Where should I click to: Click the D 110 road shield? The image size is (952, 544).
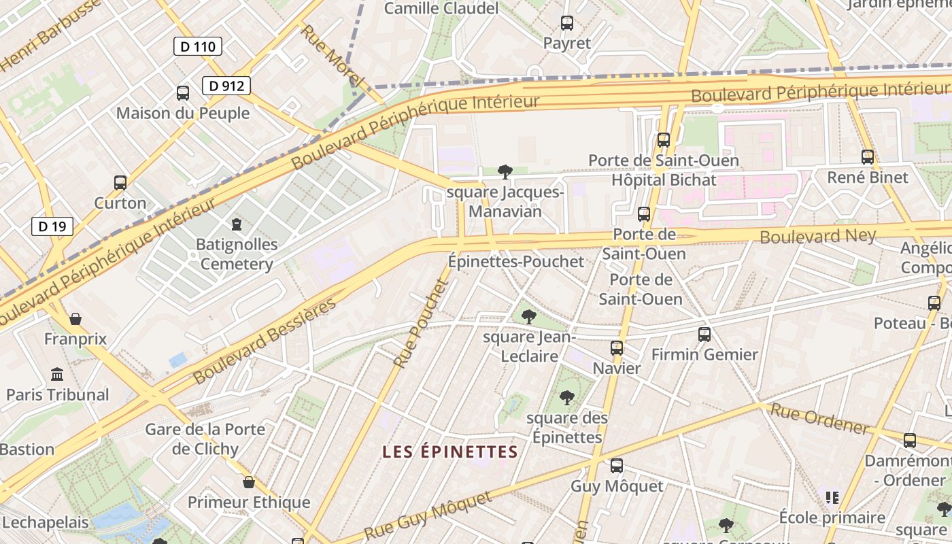pyautogui.click(x=198, y=46)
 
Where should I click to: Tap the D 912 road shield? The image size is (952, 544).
pyautogui.click(x=226, y=86)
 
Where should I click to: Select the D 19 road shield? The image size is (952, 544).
pyautogui.click(x=52, y=226)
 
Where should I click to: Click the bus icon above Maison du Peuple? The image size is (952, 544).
pyautogui.click(x=182, y=92)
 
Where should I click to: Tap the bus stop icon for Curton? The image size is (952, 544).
pyautogui.click(x=120, y=182)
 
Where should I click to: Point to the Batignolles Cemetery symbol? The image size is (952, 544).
pyautogui.click(x=237, y=223)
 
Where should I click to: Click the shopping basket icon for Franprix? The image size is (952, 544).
pyautogui.click(x=75, y=318)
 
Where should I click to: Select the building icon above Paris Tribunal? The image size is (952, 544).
pyautogui.click(x=57, y=374)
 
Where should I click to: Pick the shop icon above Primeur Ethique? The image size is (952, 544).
pyautogui.click(x=249, y=482)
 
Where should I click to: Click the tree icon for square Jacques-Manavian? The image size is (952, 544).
pyautogui.click(x=505, y=171)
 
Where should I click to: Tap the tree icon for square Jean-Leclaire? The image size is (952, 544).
pyautogui.click(x=528, y=317)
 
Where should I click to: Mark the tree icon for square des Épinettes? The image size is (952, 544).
pyautogui.click(x=566, y=397)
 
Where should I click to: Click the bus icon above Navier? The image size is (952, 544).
pyautogui.click(x=617, y=348)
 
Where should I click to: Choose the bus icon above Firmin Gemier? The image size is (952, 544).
pyautogui.click(x=704, y=334)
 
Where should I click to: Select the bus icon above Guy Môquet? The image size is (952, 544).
pyautogui.click(x=617, y=466)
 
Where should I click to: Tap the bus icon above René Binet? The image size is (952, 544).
pyautogui.click(x=868, y=157)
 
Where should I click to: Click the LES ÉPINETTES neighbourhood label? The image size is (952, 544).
pyautogui.click(x=450, y=452)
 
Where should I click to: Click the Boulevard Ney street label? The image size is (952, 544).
pyautogui.click(x=817, y=235)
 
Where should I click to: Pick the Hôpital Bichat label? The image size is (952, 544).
pyautogui.click(x=664, y=180)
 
